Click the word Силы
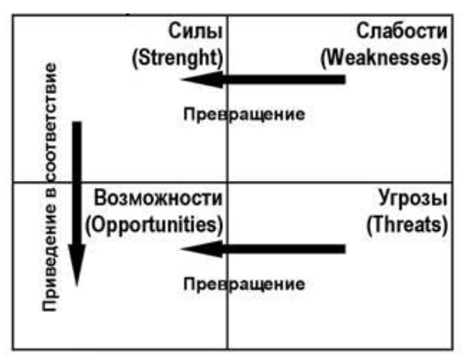(195, 30)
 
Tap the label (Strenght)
(177, 57)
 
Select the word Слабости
(401, 30)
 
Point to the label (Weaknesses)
(384, 57)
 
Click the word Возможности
(159, 198)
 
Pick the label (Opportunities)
(154, 225)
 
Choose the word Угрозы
(413, 199)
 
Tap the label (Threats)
(407, 225)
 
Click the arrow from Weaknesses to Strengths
(263, 80)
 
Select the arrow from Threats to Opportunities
(263, 249)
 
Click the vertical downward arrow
(77, 204)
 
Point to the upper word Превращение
(245, 115)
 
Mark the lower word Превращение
(245, 284)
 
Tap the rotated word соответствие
(49, 122)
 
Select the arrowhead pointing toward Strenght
(202, 80)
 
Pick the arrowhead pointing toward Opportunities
(202, 249)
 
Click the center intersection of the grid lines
(228, 182)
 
